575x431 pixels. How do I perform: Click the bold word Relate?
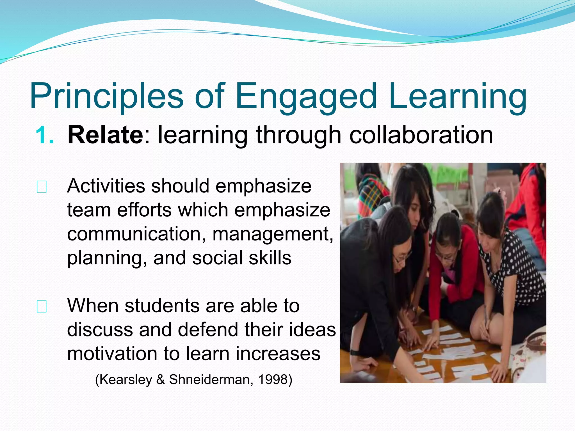point(106,135)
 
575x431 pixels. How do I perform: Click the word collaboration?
point(421,135)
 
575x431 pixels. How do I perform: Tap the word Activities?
point(106,186)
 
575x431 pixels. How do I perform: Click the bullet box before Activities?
point(42,187)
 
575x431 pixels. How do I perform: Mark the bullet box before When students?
point(42,306)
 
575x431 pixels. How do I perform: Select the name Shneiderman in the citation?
point(209,380)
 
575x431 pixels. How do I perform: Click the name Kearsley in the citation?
point(126,380)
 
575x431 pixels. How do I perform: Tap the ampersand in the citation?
point(161,380)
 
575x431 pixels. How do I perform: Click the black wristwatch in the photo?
point(355,352)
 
